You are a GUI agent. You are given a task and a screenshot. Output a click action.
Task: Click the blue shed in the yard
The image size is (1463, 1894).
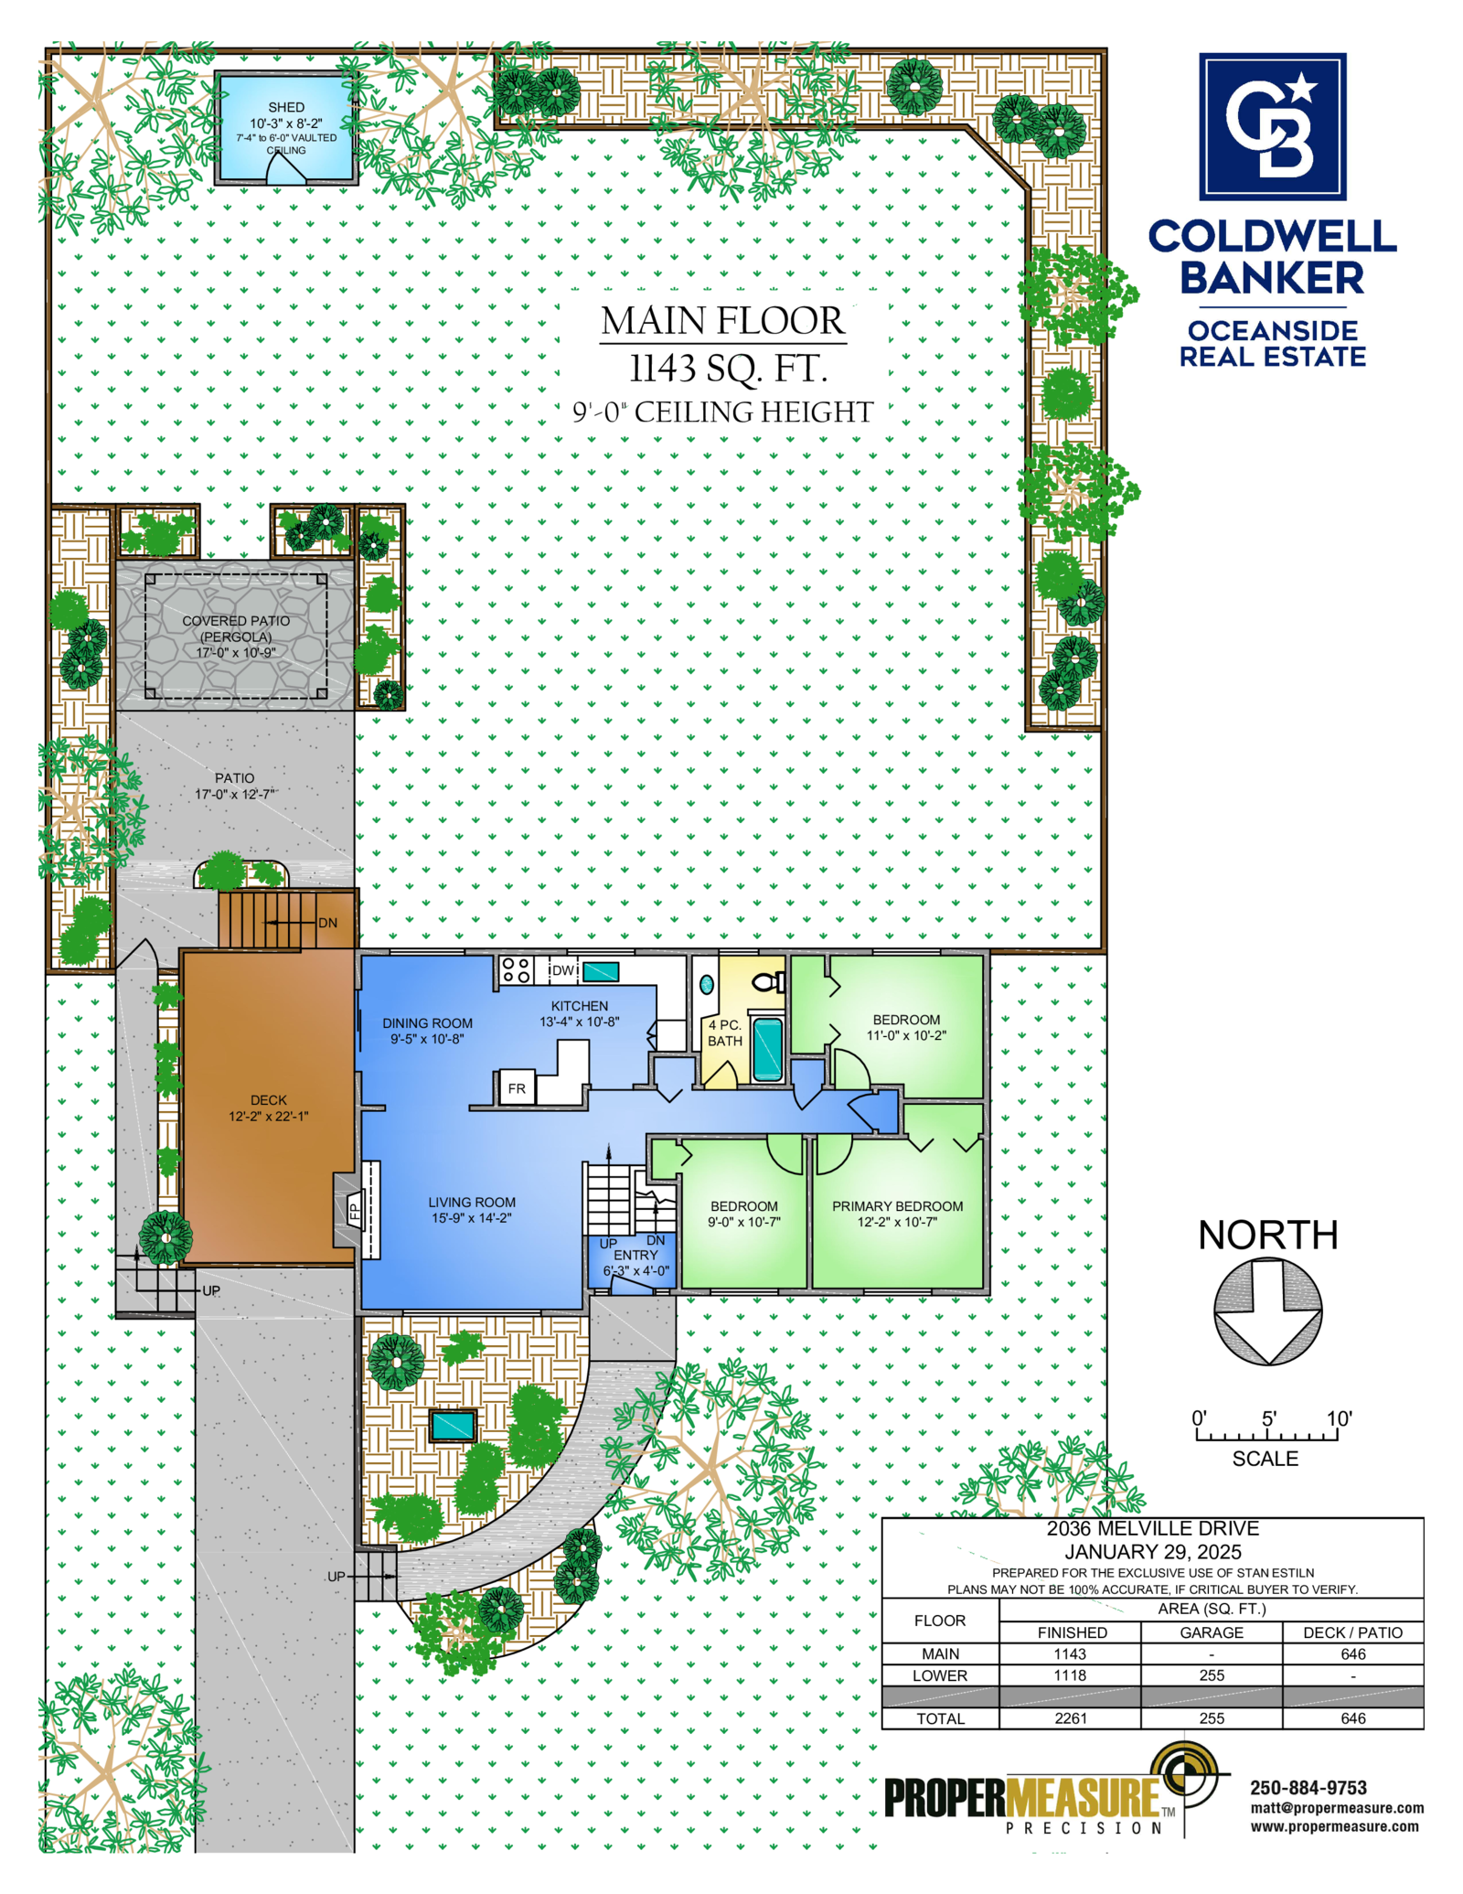[285, 128]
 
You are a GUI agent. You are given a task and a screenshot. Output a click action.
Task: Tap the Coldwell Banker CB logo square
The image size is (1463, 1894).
[1272, 126]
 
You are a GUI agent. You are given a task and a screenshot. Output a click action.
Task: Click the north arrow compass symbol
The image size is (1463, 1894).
[1267, 1311]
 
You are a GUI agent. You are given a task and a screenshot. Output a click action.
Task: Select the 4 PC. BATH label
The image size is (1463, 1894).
[724, 1033]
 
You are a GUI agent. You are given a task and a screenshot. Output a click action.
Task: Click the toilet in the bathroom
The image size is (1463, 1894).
[768, 982]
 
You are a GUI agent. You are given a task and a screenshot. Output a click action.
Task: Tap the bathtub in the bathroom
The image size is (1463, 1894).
[767, 1048]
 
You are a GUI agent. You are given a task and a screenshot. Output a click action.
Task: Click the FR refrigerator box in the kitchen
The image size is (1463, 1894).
[517, 1088]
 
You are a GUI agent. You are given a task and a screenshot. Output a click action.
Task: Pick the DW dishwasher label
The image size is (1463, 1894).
[563, 969]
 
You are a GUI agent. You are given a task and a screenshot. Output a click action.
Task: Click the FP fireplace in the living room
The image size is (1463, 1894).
[355, 1209]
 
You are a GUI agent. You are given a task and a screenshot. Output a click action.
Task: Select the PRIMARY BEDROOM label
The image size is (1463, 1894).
[897, 1206]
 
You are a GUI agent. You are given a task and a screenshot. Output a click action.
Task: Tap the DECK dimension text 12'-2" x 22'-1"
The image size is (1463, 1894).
[269, 1116]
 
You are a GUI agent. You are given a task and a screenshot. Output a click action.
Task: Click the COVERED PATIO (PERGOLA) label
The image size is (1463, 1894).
[236, 628]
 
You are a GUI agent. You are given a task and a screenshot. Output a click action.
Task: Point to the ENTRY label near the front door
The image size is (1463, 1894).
[635, 1255]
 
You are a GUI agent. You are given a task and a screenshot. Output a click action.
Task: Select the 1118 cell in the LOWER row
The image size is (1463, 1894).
[1070, 1675]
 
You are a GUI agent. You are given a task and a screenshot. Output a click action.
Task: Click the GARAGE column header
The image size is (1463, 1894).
[1211, 1632]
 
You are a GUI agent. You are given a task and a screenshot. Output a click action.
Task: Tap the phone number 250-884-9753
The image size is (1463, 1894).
[1308, 1787]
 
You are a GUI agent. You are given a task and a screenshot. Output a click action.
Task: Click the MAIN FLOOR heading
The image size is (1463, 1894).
[722, 320]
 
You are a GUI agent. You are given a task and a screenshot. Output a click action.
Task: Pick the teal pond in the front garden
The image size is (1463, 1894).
[453, 1424]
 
